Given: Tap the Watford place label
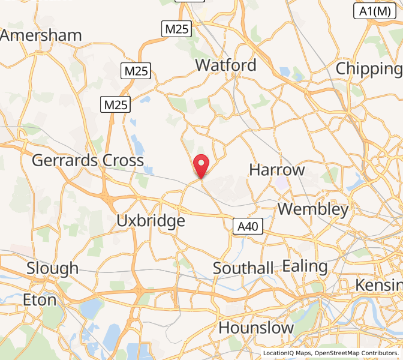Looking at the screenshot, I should click(x=225, y=65).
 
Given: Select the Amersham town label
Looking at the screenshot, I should click(x=41, y=35).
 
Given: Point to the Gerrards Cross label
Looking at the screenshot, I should click(x=88, y=160).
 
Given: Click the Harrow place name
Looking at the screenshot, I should click(x=277, y=170).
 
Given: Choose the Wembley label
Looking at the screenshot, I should click(x=313, y=209).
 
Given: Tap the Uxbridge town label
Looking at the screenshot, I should click(x=151, y=221).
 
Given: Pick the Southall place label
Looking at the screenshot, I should click(x=243, y=268).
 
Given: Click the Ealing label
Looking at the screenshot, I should click(x=305, y=266).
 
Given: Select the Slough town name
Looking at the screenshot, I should click(x=52, y=268).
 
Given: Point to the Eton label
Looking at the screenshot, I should click(x=40, y=299).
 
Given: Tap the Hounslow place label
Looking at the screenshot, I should click(x=256, y=328).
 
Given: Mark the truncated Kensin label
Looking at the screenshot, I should click(x=378, y=284).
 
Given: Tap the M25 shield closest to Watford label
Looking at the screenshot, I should click(x=177, y=29).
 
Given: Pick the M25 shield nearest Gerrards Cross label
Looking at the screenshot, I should click(x=116, y=105).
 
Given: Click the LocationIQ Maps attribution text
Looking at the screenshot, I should click(x=287, y=353).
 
